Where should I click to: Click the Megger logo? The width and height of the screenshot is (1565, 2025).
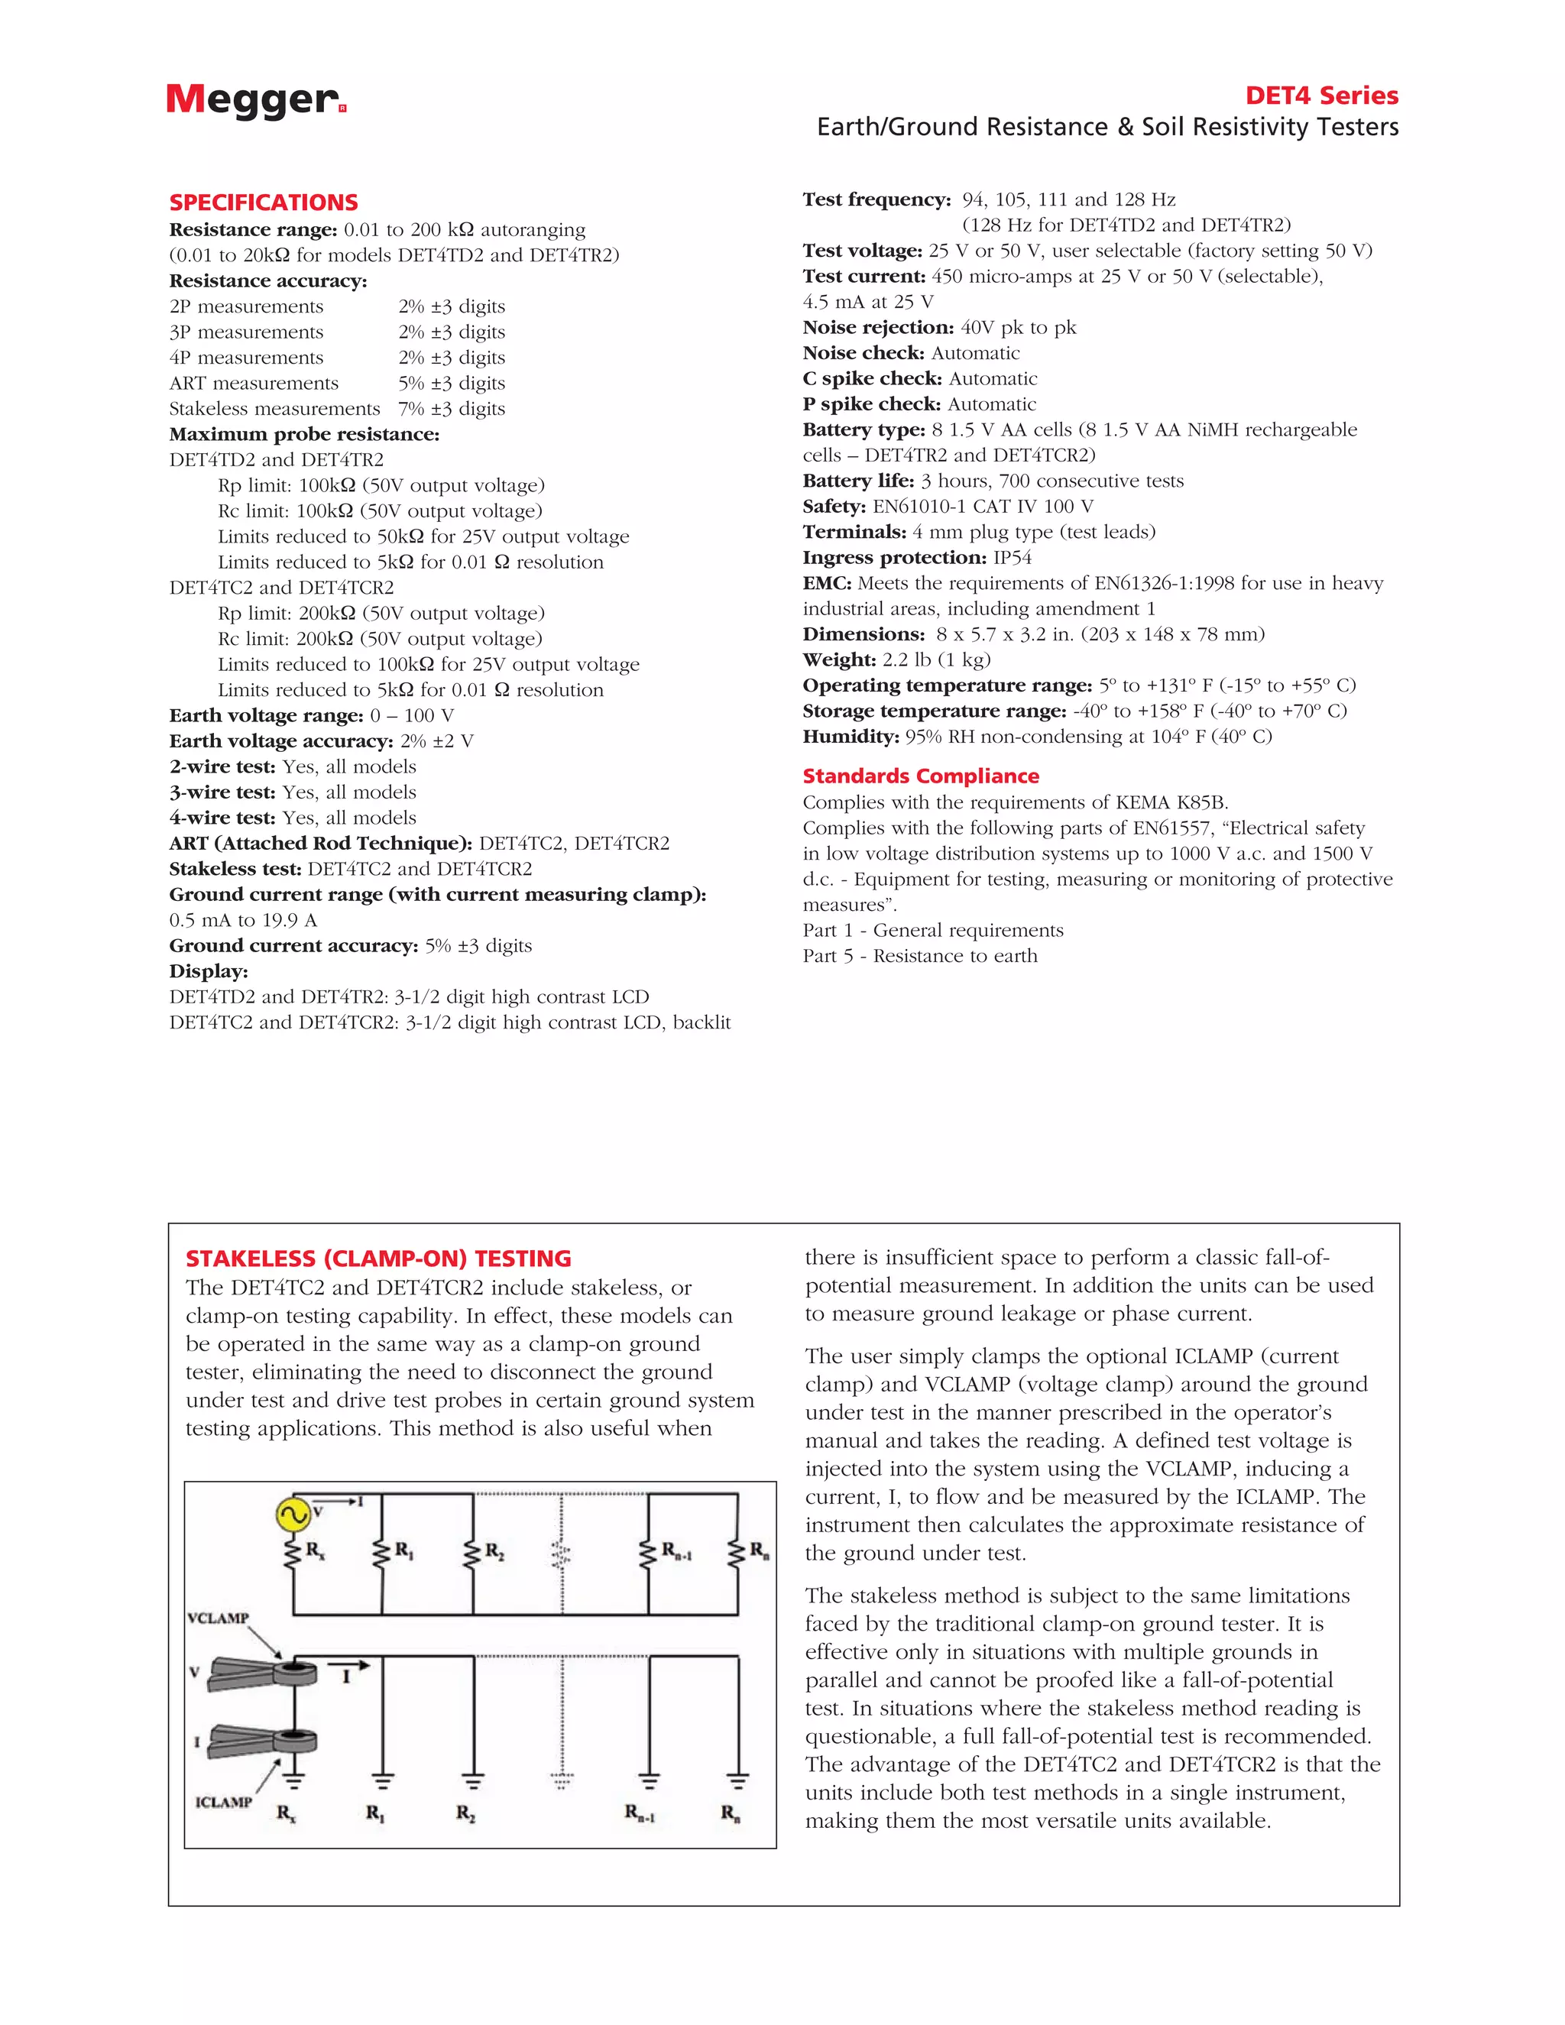click(x=255, y=100)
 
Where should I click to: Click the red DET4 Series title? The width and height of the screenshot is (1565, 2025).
click(x=1321, y=96)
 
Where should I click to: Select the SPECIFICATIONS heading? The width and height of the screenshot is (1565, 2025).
click(x=264, y=202)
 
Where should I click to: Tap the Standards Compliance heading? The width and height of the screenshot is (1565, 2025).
click(x=920, y=776)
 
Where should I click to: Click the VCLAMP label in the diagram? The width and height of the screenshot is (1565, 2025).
click(x=219, y=1618)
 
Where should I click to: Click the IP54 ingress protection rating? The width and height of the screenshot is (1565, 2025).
click(x=1012, y=557)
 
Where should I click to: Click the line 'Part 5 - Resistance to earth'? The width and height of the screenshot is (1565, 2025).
click(x=920, y=956)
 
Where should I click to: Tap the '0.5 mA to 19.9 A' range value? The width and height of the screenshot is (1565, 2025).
click(x=243, y=920)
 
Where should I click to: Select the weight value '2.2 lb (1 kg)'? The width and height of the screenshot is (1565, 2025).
click(x=935, y=659)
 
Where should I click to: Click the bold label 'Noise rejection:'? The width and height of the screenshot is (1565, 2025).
click(x=878, y=327)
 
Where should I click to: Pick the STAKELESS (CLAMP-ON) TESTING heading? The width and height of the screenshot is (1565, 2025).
click(x=378, y=1259)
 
